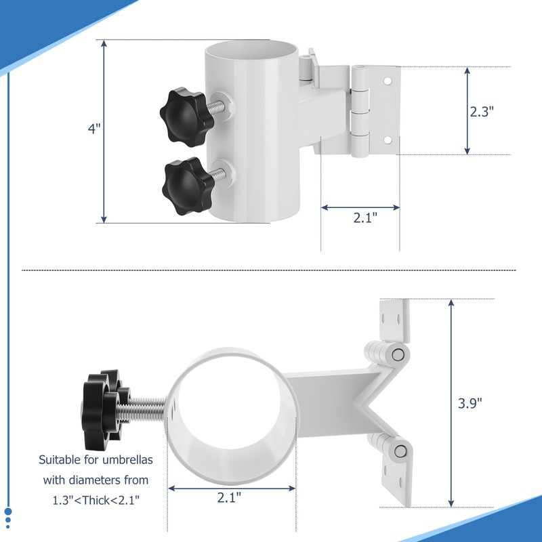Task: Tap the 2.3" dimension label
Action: pos(482,111)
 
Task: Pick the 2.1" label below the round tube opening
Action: pos(230,497)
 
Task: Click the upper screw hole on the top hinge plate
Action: pos(388,81)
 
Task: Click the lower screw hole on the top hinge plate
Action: pos(388,140)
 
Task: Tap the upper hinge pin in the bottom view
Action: pos(398,354)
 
